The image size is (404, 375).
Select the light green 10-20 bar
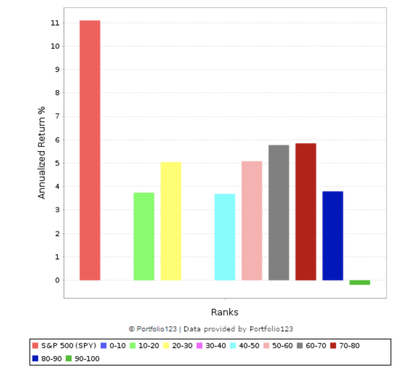pos(144,236)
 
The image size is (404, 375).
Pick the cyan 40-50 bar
pos(225,237)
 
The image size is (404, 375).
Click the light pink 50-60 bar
pos(252,221)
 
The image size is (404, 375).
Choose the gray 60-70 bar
pos(279,213)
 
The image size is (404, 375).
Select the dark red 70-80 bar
pos(306,211)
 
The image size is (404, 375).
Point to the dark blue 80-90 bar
pos(332,235)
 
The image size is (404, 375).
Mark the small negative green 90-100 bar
pos(360,282)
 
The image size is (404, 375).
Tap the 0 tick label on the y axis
pos(57,280)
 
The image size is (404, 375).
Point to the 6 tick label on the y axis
pos(57,140)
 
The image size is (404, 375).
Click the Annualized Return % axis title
pos(42,153)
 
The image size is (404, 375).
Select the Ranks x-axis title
pos(225,312)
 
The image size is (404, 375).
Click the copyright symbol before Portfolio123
pos(132,329)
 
